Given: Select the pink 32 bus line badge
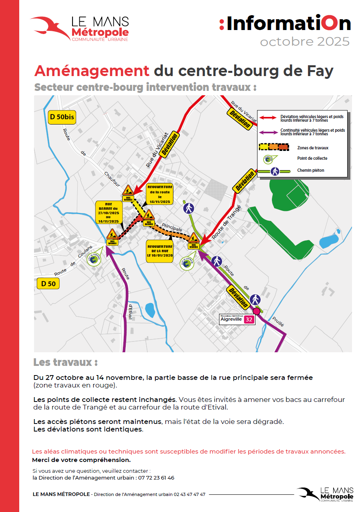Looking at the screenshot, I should point(249,319).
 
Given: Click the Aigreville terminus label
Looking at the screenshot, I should point(231,319).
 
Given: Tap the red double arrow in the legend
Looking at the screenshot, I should point(268,118).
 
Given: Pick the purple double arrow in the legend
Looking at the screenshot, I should point(268,132).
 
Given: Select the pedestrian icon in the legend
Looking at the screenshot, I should point(275,171).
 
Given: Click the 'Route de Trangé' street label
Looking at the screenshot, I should point(227,223).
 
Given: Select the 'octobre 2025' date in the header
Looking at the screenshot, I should point(305,42).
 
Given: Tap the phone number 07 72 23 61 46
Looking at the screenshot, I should point(156,478).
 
